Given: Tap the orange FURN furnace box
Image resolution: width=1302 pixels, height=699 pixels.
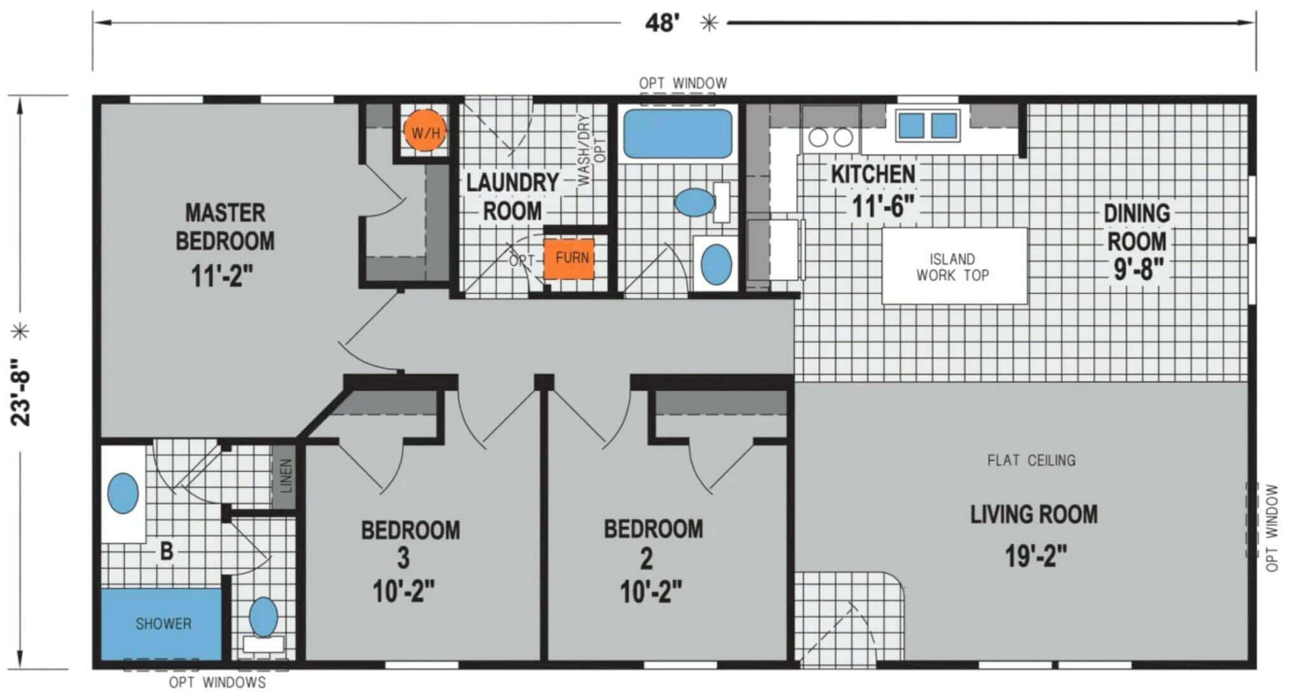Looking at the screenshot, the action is click(x=569, y=258).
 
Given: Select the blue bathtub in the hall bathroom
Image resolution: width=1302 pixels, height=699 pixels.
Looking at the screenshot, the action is click(x=678, y=133).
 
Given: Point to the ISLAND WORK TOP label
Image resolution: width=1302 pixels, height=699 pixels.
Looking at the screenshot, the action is click(x=952, y=267).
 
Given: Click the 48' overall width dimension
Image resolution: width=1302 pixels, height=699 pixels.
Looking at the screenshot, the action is click(x=662, y=23).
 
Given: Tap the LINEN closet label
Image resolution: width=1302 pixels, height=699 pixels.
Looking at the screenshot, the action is click(x=286, y=476).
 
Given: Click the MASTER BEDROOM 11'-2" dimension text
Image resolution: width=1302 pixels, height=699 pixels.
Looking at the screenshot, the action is click(x=223, y=276).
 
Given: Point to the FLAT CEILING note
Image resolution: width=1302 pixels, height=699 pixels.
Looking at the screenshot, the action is click(x=1031, y=460).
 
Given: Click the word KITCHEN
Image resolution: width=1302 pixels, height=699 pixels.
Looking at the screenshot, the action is click(x=874, y=174).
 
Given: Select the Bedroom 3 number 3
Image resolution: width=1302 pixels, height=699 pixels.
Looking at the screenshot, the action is click(x=403, y=559).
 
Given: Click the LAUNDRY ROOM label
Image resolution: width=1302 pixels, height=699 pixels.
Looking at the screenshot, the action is click(x=512, y=197).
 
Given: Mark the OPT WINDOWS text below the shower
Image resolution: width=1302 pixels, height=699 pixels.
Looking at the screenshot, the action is click(x=217, y=682).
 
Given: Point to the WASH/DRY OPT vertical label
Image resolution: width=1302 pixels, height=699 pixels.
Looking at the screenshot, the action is click(x=591, y=150).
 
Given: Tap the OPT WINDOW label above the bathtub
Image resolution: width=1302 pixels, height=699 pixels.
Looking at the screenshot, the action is click(x=683, y=83).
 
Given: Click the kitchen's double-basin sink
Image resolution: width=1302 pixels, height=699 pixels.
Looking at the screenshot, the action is click(x=928, y=125).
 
